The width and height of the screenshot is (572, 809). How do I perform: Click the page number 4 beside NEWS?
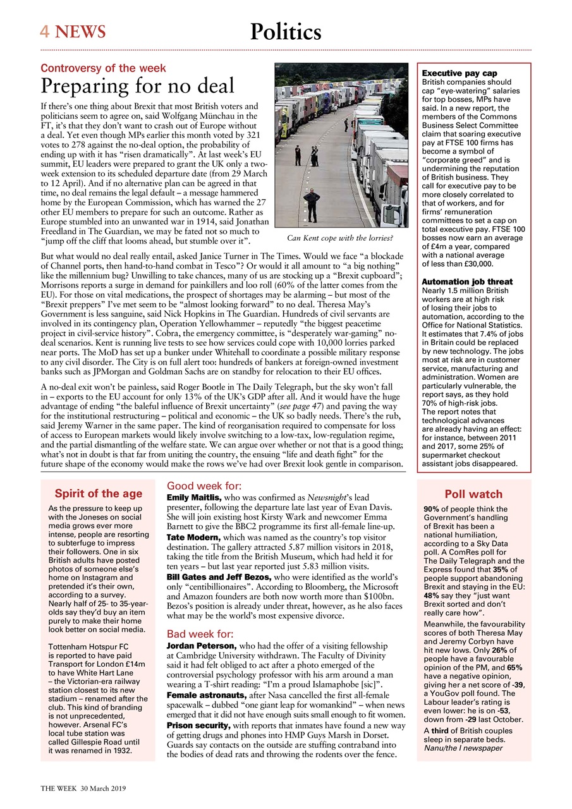(x=45, y=31)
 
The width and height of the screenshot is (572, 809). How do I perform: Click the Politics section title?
(x=285, y=32)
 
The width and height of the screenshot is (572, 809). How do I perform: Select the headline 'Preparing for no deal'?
(x=137, y=85)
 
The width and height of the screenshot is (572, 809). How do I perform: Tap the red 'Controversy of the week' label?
(x=103, y=68)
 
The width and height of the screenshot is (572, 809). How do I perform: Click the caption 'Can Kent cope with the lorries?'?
(x=340, y=238)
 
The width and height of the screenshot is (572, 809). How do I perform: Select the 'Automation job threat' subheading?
(x=466, y=281)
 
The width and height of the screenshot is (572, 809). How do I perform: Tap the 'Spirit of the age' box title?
(x=98, y=494)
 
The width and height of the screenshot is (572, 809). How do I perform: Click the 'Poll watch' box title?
(x=473, y=494)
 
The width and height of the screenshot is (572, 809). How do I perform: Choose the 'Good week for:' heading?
(x=204, y=486)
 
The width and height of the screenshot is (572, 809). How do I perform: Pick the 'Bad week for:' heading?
(x=200, y=634)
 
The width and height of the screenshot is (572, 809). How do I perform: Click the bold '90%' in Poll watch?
(x=431, y=509)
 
